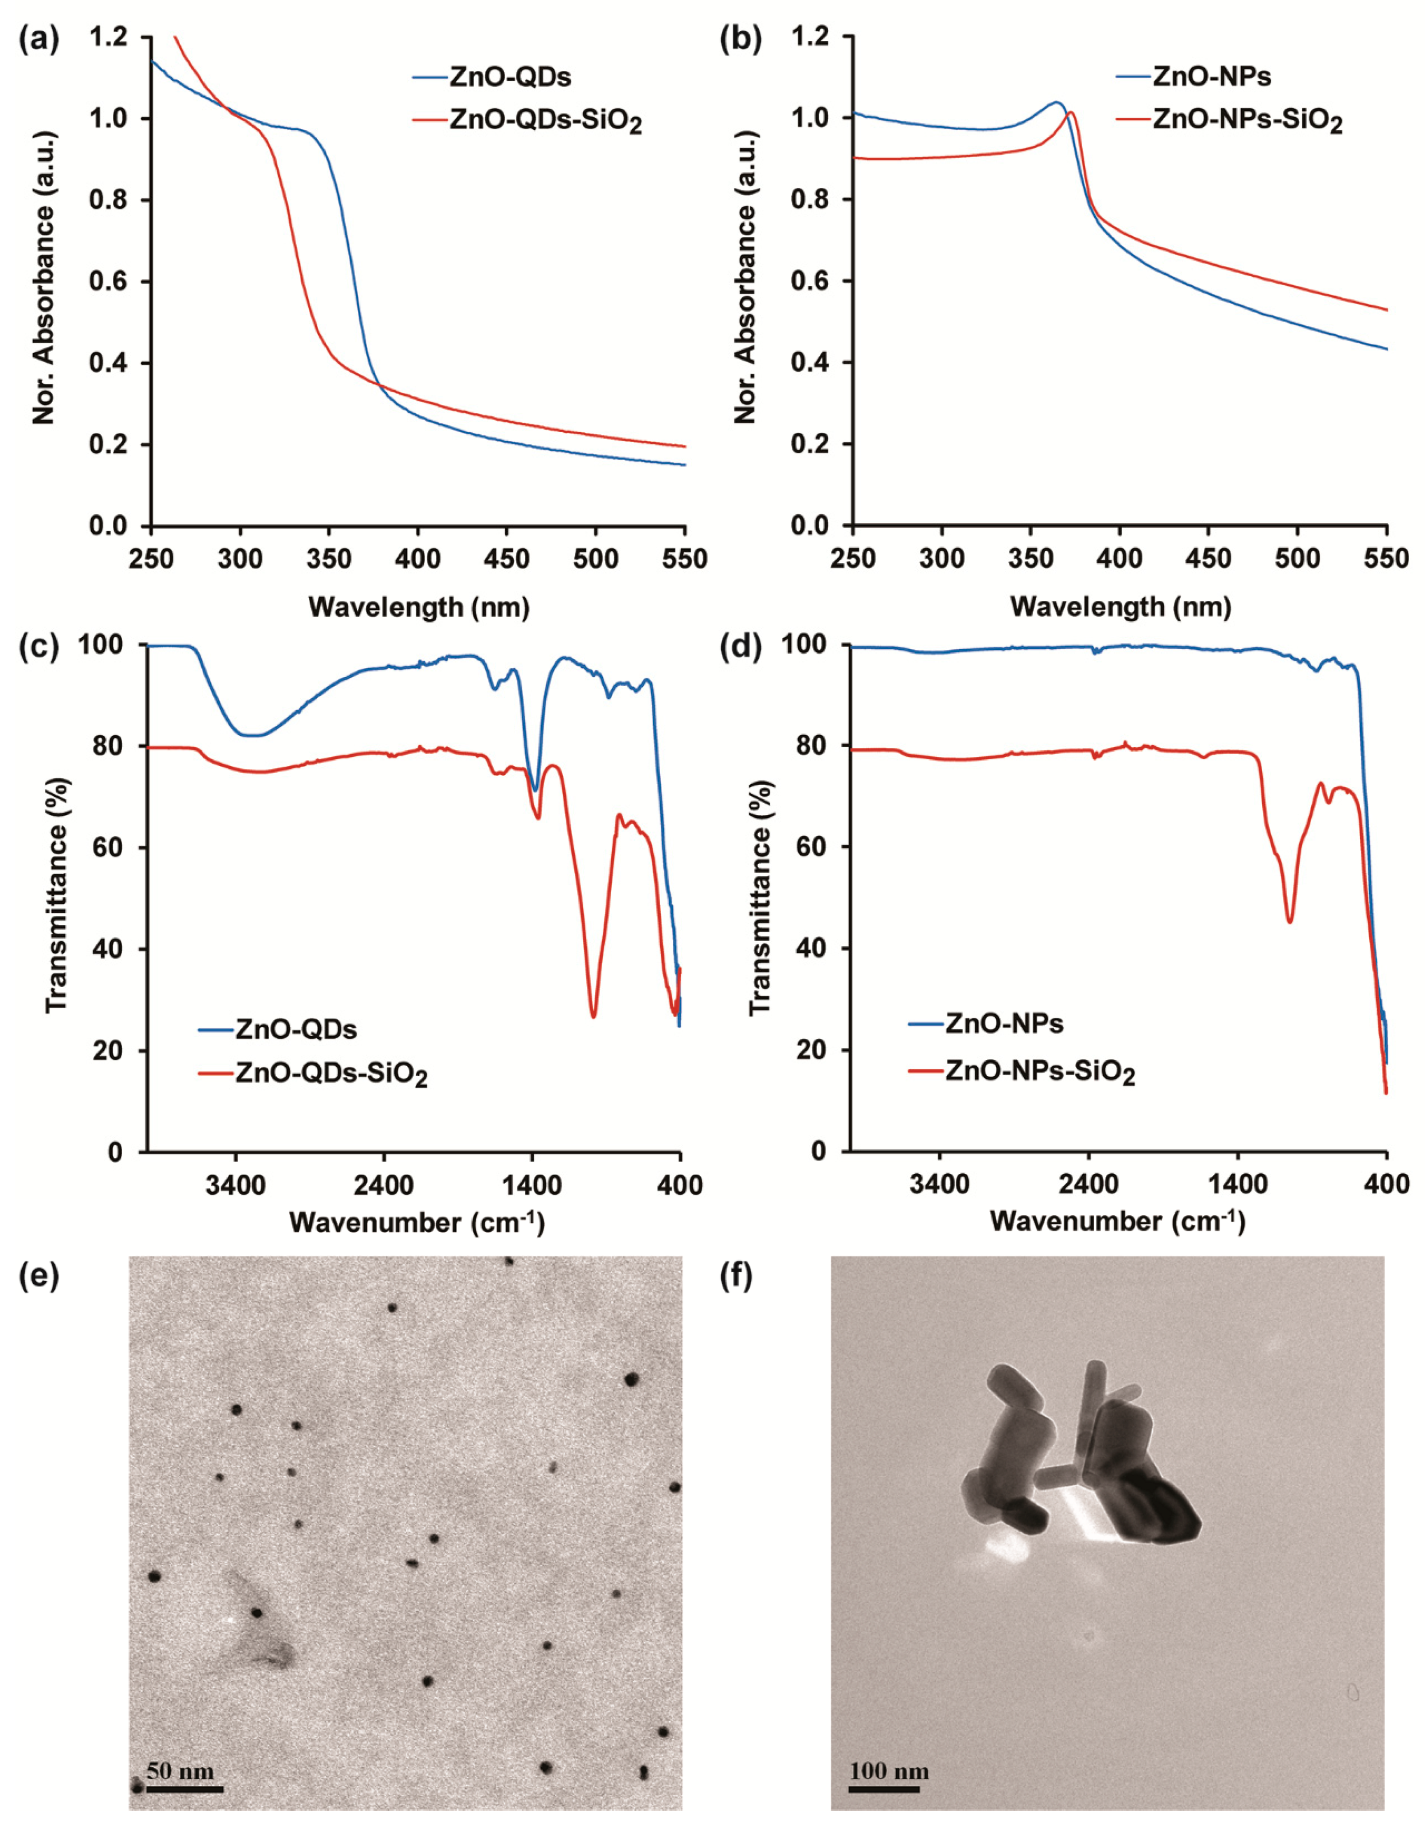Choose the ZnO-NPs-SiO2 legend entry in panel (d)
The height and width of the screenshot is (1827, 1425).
1040,1072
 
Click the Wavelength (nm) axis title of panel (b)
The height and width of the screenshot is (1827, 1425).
1121,606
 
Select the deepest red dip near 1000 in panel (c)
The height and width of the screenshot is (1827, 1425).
593,1016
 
